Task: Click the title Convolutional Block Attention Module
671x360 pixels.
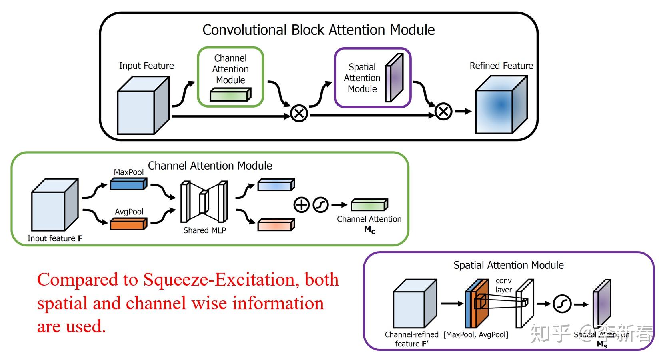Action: [318, 30]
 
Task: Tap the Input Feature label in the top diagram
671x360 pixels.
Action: [146, 66]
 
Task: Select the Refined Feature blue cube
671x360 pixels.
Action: [501, 105]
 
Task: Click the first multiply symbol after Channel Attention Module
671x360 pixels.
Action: [299, 113]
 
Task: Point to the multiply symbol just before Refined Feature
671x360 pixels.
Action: [443, 112]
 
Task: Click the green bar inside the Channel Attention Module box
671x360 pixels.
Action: [230, 95]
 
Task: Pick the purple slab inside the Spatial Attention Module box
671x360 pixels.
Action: [394, 78]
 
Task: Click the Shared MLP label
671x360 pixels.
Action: [204, 230]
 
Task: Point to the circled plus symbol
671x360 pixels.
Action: [302, 205]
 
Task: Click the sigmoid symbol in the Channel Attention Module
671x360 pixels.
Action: [320, 205]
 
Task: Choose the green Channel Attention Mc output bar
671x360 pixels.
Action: [369, 205]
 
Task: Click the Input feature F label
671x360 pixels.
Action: [55, 238]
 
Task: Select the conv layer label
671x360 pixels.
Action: [503, 285]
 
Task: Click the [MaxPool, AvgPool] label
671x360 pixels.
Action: [476, 334]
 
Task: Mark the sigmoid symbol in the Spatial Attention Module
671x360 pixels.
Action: [562, 304]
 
